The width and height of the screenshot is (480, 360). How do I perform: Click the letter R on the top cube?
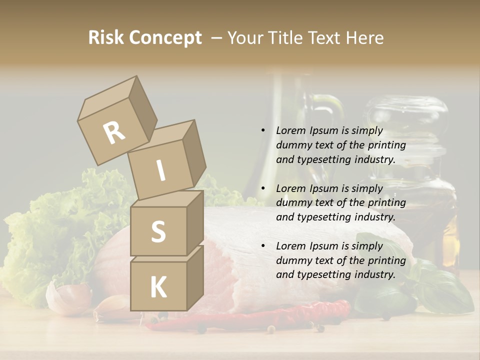coord(114,132)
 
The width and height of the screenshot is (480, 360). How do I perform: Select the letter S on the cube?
coord(158,231)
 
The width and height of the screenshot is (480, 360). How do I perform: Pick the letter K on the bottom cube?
coord(158,287)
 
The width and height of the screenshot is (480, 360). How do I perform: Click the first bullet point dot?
coord(263,131)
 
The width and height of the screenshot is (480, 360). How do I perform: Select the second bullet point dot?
coord(263,188)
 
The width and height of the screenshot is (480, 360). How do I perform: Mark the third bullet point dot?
coord(263,246)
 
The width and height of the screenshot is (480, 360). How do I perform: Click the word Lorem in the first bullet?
coord(290,131)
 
